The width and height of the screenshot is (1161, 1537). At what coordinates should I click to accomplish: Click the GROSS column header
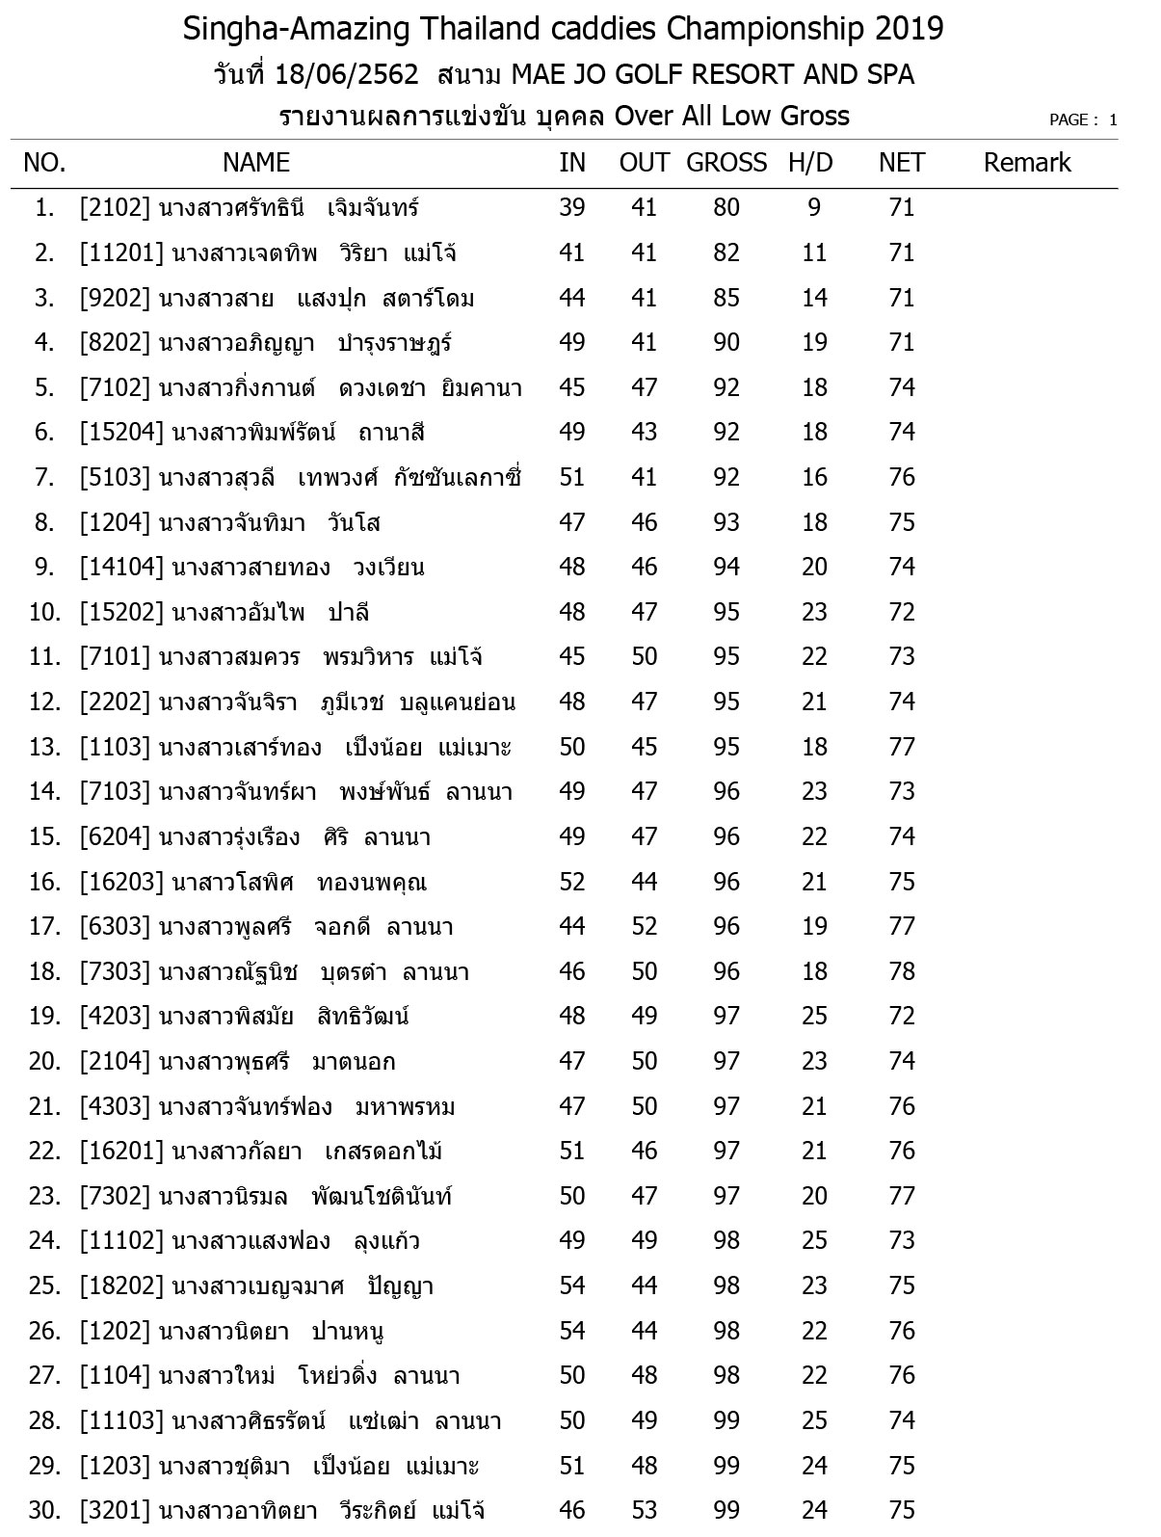pyautogui.click(x=726, y=163)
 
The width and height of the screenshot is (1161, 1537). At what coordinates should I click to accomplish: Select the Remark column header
pyautogui.click(x=1027, y=163)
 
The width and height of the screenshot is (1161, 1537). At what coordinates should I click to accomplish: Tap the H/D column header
pyautogui.click(x=810, y=163)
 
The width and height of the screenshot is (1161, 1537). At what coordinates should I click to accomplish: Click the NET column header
pyautogui.click(x=902, y=163)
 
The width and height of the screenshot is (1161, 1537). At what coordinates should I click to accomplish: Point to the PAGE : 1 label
pyautogui.click(x=1083, y=120)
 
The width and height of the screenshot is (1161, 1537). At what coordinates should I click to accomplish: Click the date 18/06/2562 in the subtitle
pyautogui.click(x=347, y=74)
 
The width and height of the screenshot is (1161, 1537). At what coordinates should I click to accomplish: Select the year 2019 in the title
pyautogui.click(x=910, y=30)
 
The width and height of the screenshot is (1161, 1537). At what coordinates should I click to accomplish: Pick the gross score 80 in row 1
pyautogui.click(x=726, y=208)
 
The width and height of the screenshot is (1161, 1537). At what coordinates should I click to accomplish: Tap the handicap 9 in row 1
pyautogui.click(x=815, y=208)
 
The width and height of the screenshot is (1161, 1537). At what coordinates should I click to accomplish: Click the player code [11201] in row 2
pyautogui.click(x=121, y=253)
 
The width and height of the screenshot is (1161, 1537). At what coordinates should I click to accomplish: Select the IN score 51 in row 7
pyautogui.click(x=572, y=478)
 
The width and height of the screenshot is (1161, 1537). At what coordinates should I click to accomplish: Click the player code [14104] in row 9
pyautogui.click(x=121, y=568)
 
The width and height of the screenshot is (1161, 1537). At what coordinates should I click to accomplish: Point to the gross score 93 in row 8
pyautogui.click(x=726, y=523)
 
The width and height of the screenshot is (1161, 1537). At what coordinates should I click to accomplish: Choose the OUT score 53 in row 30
pyautogui.click(x=644, y=1511)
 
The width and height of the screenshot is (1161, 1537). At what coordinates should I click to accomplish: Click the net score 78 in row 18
pyautogui.click(x=902, y=971)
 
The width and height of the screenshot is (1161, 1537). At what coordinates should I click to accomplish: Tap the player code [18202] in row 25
pyautogui.click(x=121, y=1286)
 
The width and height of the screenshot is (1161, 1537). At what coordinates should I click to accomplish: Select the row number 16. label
pyautogui.click(x=45, y=883)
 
